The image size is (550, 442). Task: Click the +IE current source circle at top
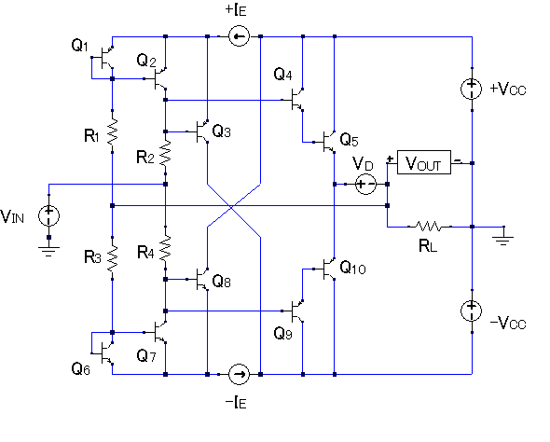pos(239,36)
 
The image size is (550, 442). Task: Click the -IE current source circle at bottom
pos(239,374)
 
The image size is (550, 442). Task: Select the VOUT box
pos(424,162)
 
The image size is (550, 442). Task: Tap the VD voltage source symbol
pos(365,184)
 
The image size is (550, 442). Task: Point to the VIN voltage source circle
pos(48,215)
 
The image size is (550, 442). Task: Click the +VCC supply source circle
pos(472,89)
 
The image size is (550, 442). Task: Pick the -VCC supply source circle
pos(472,311)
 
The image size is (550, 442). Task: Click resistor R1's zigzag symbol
pos(112,131)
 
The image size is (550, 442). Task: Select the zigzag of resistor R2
pos(165,153)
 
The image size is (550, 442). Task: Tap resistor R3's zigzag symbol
pos(112,258)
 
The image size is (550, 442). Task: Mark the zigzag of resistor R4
pos(165,248)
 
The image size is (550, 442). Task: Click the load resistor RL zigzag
pos(430,227)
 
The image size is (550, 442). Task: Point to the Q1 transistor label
pos(79,46)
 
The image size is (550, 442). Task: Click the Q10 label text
pos(353,268)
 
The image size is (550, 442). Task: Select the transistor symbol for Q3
pos(200,131)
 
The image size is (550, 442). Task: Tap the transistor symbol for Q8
pos(200,279)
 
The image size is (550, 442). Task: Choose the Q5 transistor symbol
pos(327,142)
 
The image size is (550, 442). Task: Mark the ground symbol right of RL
pos(503,241)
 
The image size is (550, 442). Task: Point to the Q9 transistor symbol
pos(296,311)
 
